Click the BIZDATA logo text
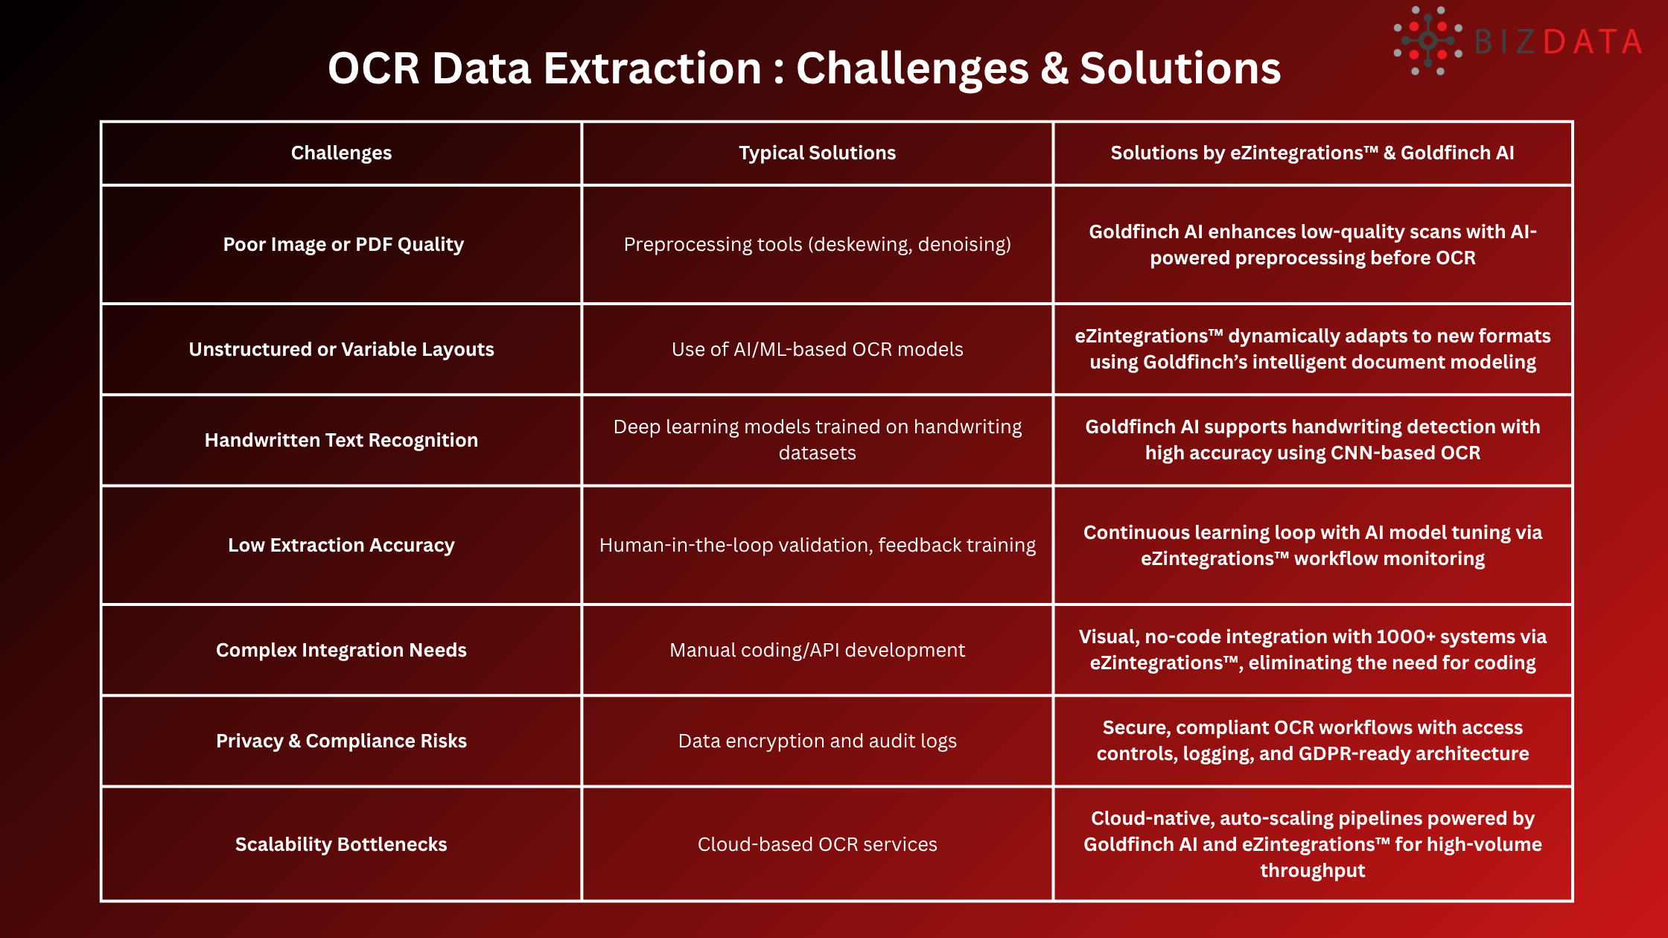pos(1558,42)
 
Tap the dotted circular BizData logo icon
pos(1427,41)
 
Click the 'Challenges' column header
pos(341,153)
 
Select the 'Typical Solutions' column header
pos(817,153)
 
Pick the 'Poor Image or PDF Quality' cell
pos(343,244)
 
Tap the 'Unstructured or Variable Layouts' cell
pos(341,349)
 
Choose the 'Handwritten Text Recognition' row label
pos(341,440)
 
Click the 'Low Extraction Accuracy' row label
pos(341,545)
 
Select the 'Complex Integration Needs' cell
pos(341,650)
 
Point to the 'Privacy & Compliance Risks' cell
pos(341,741)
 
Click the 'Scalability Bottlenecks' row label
pos(341,844)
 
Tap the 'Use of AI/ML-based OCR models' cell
pos(817,349)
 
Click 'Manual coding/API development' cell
pos(817,650)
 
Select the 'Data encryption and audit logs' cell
pos(817,741)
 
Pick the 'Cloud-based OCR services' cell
pos(817,844)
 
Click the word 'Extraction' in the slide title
pos(652,68)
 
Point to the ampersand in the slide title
pos(1054,68)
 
